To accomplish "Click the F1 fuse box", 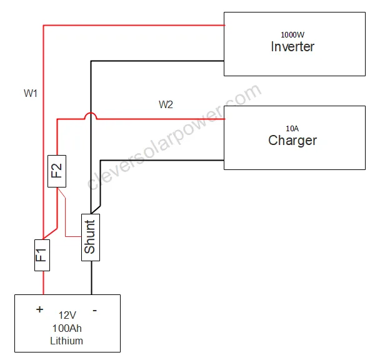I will (42, 255).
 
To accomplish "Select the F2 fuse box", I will (57, 171).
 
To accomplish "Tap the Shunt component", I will (91, 237).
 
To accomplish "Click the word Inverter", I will (292, 47).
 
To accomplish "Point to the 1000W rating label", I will (292, 34).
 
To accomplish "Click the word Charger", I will (292, 140).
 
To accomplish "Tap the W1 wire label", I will (31, 94).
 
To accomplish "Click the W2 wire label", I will (166, 105).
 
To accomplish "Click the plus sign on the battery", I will (40, 309).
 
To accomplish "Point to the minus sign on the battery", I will (94, 309).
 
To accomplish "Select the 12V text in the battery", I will (67, 316).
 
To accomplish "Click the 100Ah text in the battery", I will (67, 328).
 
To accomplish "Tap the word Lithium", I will (67, 341).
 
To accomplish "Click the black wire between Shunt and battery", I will (91, 278).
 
